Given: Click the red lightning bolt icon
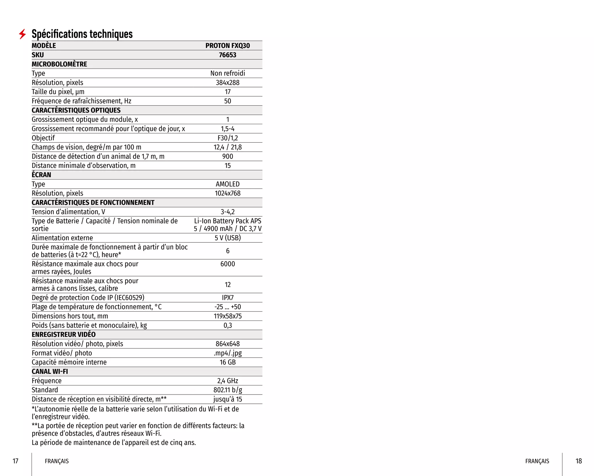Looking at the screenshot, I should [22, 34].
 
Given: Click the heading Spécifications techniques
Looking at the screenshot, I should [82, 34].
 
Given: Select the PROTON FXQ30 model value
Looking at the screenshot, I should [227, 46].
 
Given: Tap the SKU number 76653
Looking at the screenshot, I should [227, 55].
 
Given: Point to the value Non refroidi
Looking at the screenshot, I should [227, 73].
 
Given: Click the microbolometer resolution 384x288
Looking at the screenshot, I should [227, 82].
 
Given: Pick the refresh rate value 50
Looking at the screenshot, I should [227, 101].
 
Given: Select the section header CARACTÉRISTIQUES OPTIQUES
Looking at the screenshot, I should [76, 110].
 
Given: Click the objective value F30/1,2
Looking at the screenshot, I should [227, 138].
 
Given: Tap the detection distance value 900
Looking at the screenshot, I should [227, 156].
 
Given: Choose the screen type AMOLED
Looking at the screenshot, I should [227, 184].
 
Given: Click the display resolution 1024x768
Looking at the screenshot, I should [227, 193].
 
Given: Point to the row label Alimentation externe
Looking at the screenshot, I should [62, 238].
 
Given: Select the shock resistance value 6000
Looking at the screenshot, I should [227, 264].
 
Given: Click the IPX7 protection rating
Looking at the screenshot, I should [227, 298].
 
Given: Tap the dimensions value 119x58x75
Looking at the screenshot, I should [227, 316].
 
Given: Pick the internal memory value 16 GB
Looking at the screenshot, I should [227, 362].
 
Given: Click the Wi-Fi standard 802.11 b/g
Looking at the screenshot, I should [227, 390].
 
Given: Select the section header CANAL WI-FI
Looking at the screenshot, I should [50, 371].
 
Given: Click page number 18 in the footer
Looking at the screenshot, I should [578, 461].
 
